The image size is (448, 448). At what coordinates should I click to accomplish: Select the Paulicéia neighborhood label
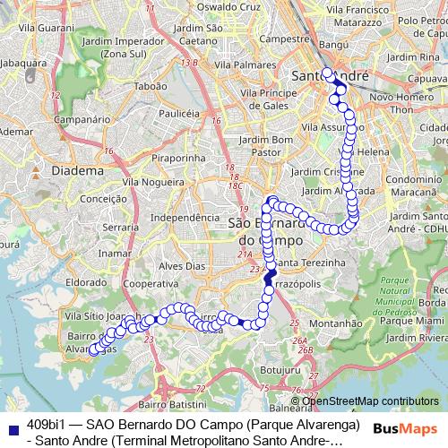(177, 114)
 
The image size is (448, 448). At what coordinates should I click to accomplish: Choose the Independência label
(185, 217)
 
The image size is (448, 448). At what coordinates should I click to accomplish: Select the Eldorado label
(87, 281)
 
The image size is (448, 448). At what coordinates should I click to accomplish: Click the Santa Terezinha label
(309, 262)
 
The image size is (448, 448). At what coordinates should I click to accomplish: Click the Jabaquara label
(25, 65)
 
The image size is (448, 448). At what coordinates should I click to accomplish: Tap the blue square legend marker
(13, 423)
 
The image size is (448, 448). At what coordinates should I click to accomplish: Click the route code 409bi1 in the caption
(46, 423)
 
